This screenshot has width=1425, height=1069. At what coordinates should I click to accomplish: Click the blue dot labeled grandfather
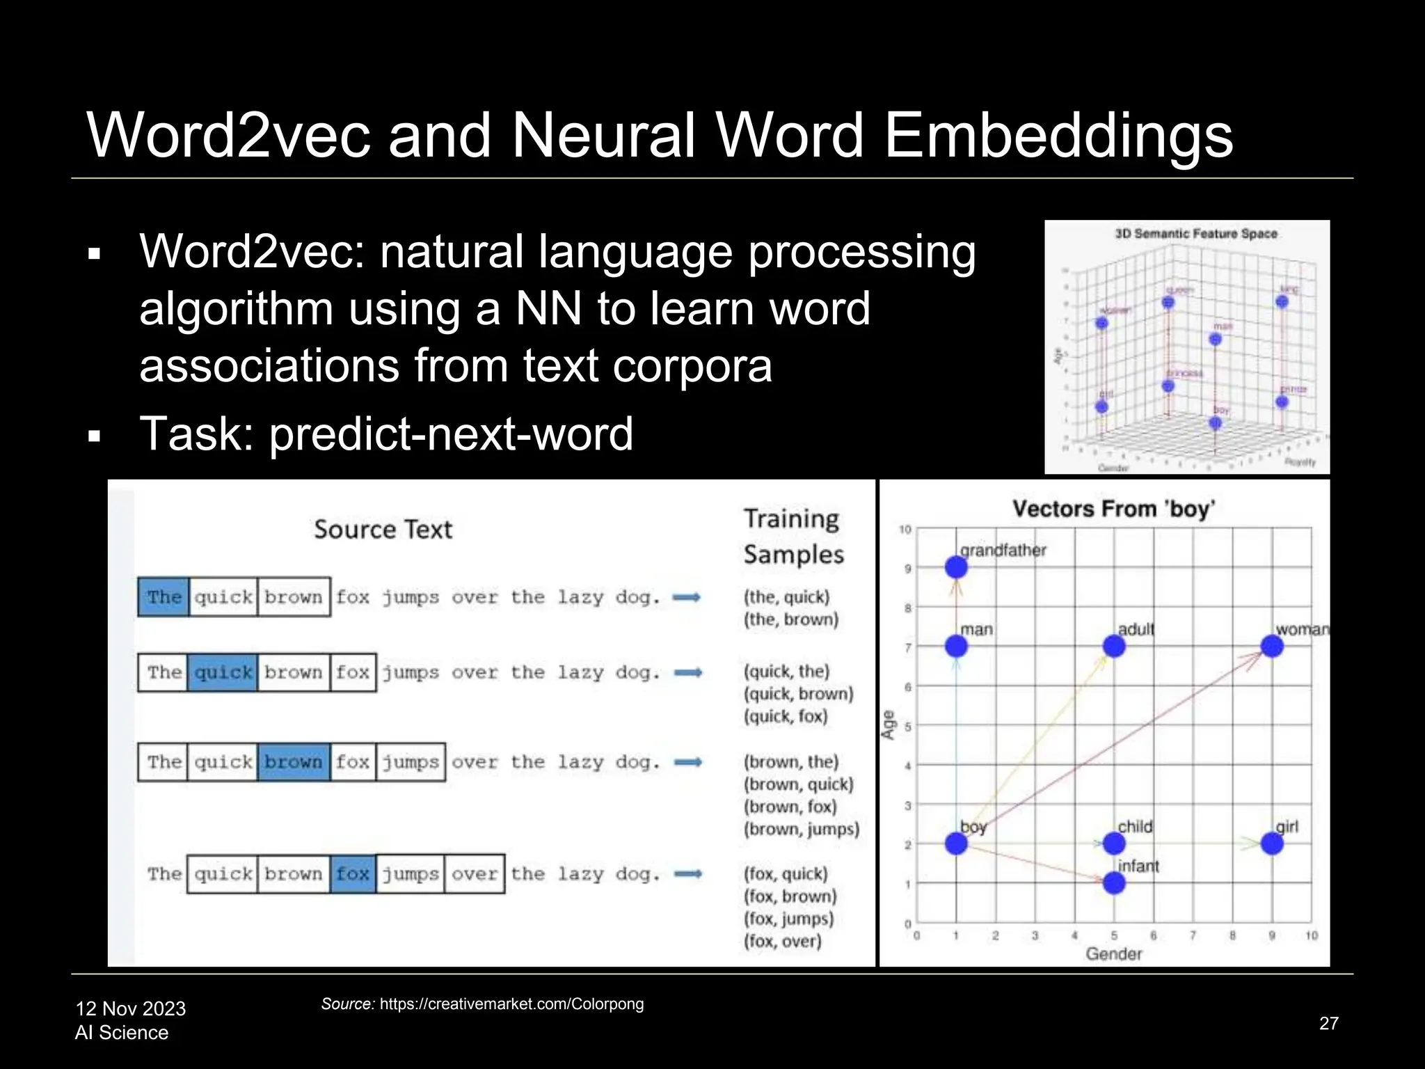click(956, 567)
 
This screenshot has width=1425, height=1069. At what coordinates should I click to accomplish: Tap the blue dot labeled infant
click(1114, 883)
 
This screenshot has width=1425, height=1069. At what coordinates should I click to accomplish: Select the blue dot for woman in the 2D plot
click(1272, 647)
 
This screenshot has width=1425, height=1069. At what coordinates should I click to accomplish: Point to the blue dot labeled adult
click(1114, 647)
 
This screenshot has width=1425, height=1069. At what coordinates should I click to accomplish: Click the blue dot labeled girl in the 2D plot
click(1272, 844)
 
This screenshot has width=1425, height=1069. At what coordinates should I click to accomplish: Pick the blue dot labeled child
click(1114, 844)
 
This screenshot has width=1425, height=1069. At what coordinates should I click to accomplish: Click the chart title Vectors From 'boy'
click(1113, 509)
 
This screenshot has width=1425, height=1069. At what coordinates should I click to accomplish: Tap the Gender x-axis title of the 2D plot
click(1113, 953)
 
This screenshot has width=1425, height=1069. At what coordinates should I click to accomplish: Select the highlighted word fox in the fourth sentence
click(353, 873)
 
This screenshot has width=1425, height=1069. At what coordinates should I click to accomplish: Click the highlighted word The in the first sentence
click(164, 596)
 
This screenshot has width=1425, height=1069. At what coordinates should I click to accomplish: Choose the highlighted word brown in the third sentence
click(293, 761)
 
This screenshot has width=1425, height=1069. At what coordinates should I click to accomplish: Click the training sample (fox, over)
click(782, 941)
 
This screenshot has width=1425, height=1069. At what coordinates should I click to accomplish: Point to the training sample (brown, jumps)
click(801, 829)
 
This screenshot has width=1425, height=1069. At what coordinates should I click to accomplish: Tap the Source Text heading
click(383, 530)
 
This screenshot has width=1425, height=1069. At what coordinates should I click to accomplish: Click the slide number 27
click(1328, 1023)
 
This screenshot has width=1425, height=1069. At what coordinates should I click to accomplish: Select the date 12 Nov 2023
click(131, 1008)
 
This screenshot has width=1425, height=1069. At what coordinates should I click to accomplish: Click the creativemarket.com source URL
click(511, 1004)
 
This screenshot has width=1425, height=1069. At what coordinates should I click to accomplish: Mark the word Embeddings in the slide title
click(1058, 135)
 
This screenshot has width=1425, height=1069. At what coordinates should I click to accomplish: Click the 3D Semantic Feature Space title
click(1195, 234)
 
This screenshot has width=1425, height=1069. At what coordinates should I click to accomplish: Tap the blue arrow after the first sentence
click(687, 597)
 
